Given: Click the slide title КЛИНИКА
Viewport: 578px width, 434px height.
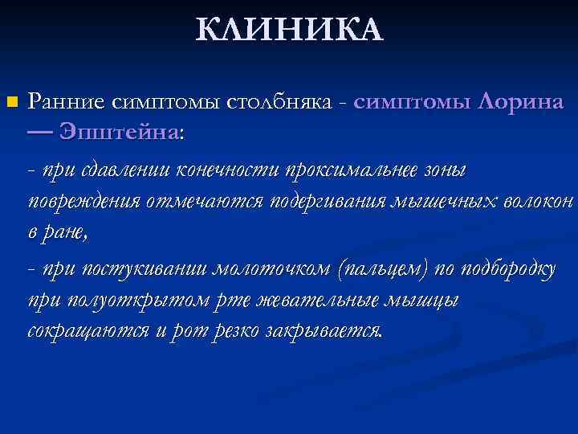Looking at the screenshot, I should (290, 30).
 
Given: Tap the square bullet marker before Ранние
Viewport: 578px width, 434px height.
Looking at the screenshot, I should (10, 102).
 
